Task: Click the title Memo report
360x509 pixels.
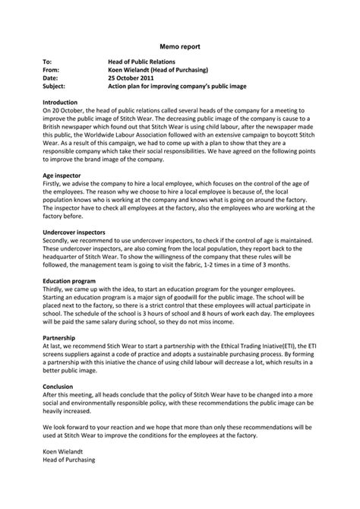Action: [180, 46]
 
